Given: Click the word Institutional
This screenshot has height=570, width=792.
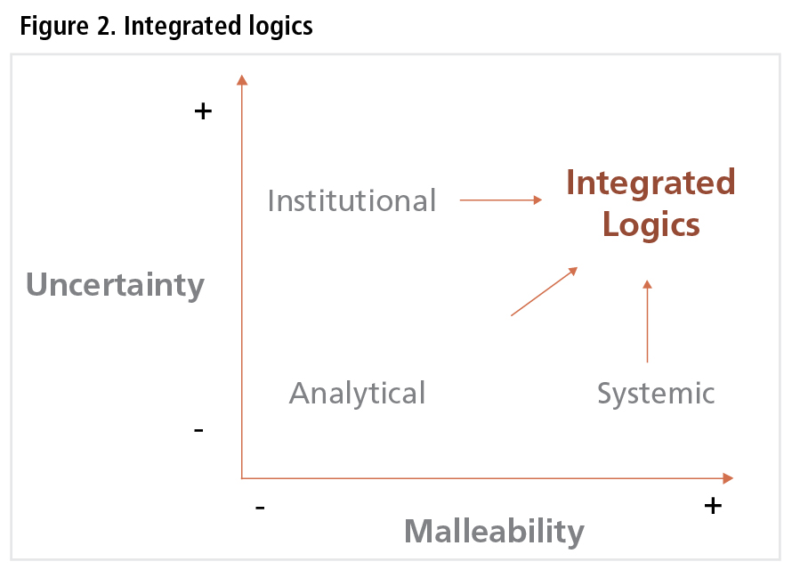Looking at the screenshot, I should (352, 200).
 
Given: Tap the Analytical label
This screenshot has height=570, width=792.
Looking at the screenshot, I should (357, 393).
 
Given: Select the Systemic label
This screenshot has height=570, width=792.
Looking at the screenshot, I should (656, 393).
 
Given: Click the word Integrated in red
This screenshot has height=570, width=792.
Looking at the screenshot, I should (651, 183).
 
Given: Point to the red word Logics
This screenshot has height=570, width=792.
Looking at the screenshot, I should (651, 224).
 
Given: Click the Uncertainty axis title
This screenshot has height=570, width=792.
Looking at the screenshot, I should (115, 285).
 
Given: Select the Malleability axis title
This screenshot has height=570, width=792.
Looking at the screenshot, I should (494, 532).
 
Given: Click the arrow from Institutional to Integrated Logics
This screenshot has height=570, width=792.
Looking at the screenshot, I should (500, 200).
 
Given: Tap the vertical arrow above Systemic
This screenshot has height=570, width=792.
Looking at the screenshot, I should (647, 322).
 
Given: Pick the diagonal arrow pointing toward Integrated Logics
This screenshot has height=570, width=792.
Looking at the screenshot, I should (545, 291).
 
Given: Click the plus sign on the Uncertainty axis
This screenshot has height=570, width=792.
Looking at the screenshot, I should (204, 111).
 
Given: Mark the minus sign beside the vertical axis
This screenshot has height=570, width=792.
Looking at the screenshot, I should (198, 431).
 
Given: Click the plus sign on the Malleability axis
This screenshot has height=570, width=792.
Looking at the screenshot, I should (712, 506).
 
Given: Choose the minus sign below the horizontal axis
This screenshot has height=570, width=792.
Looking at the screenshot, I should (260, 508).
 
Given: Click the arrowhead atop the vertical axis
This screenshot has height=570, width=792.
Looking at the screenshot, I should (241, 80).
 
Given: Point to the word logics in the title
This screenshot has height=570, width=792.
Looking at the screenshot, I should (279, 27).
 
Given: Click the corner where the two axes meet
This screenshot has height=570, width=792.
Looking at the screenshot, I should (242, 478).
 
